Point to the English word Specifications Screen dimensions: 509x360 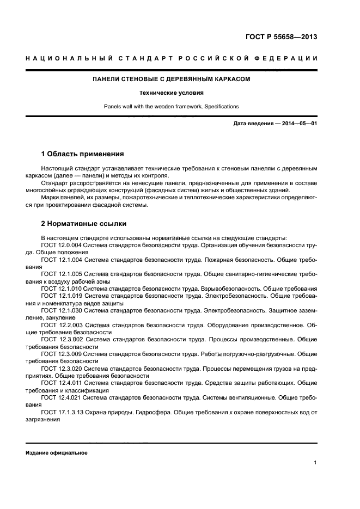pyautogui.click(x=221, y=106)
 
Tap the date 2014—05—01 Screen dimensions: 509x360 pyautogui.click(x=299, y=124)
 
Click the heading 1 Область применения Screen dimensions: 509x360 pyautogui.click(x=82, y=154)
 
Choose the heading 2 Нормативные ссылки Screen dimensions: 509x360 pyautogui.click(x=82, y=223)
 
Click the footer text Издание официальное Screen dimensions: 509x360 pyautogui.click(x=57, y=453)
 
